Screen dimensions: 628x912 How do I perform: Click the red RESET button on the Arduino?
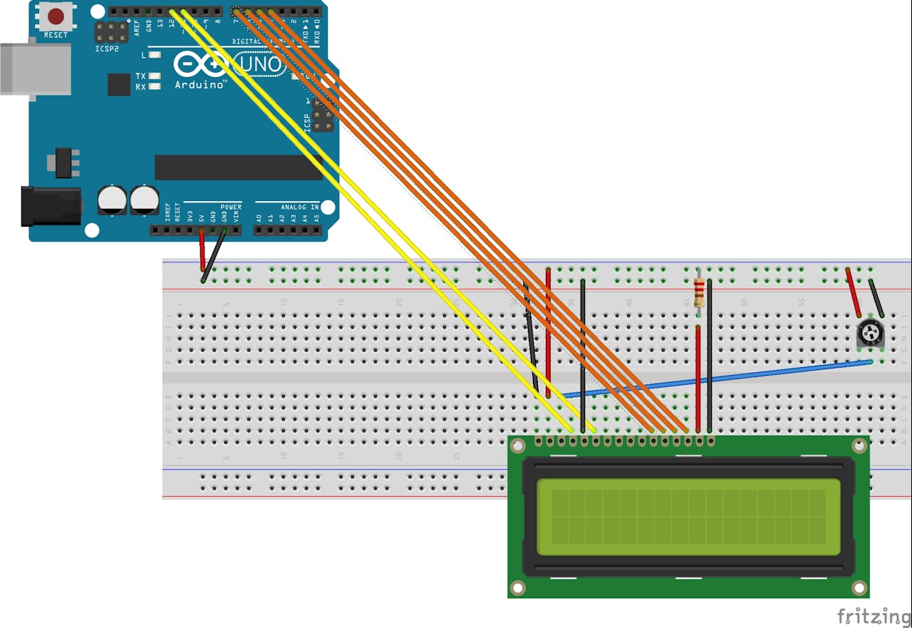click(x=56, y=16)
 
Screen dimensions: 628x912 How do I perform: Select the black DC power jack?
click(x=50, y=205)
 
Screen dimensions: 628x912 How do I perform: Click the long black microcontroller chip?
click(x=238, y=168)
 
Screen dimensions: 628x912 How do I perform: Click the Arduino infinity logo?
click(x=200, y=65)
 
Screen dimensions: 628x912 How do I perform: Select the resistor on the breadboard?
click(x=699, y=290)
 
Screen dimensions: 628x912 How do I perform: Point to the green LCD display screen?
click(x=688, y=517)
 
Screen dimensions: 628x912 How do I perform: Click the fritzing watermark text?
click(x=874, y=616)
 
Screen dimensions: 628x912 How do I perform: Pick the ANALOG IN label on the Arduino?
click(x=300, y=207)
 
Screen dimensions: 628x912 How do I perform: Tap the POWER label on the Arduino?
click(x=231, y=207)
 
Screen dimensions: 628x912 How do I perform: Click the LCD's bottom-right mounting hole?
click(x=859, y=588)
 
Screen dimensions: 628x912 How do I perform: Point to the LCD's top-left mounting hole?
click(x=518, y=446)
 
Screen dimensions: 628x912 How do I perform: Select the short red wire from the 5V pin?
click(x=202, y=251)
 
